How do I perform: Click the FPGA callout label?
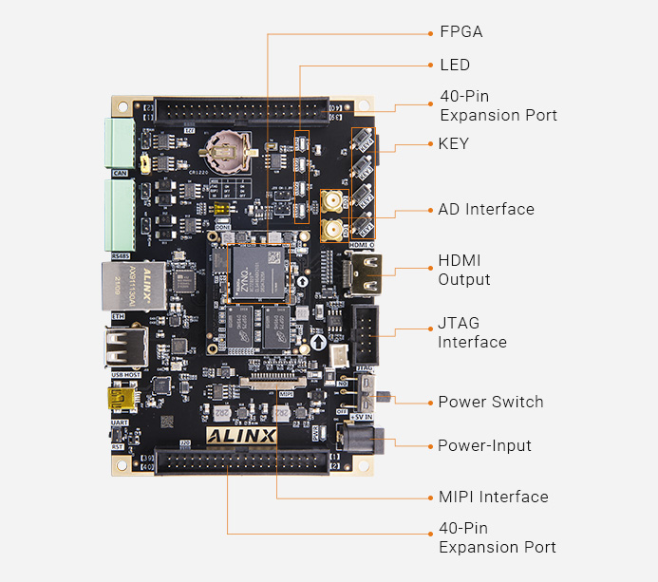tap(461, 31)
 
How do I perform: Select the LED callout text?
tap(454, 65)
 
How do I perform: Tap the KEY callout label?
tap(453, 143)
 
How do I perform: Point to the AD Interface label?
tap(485, 209)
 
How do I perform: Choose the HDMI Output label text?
tap(463, 270)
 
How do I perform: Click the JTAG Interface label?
tap(472, 332)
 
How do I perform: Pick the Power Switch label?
tap(490, 402)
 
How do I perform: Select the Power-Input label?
tap(484, 445)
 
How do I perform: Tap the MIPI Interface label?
tap(493, 497)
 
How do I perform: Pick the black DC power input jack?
tap(363, 439)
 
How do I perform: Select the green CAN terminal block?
tap(120, 141)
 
